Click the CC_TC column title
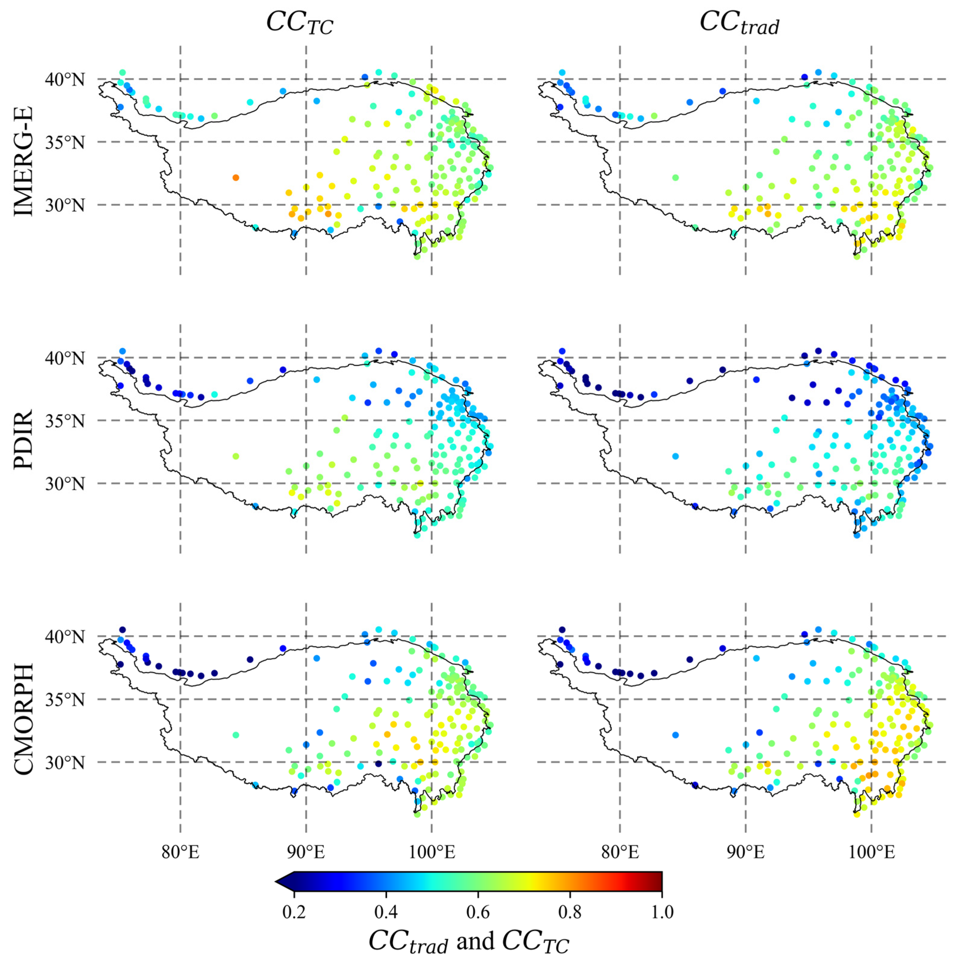coord(299,23)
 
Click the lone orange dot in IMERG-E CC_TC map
coord(235,178)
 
